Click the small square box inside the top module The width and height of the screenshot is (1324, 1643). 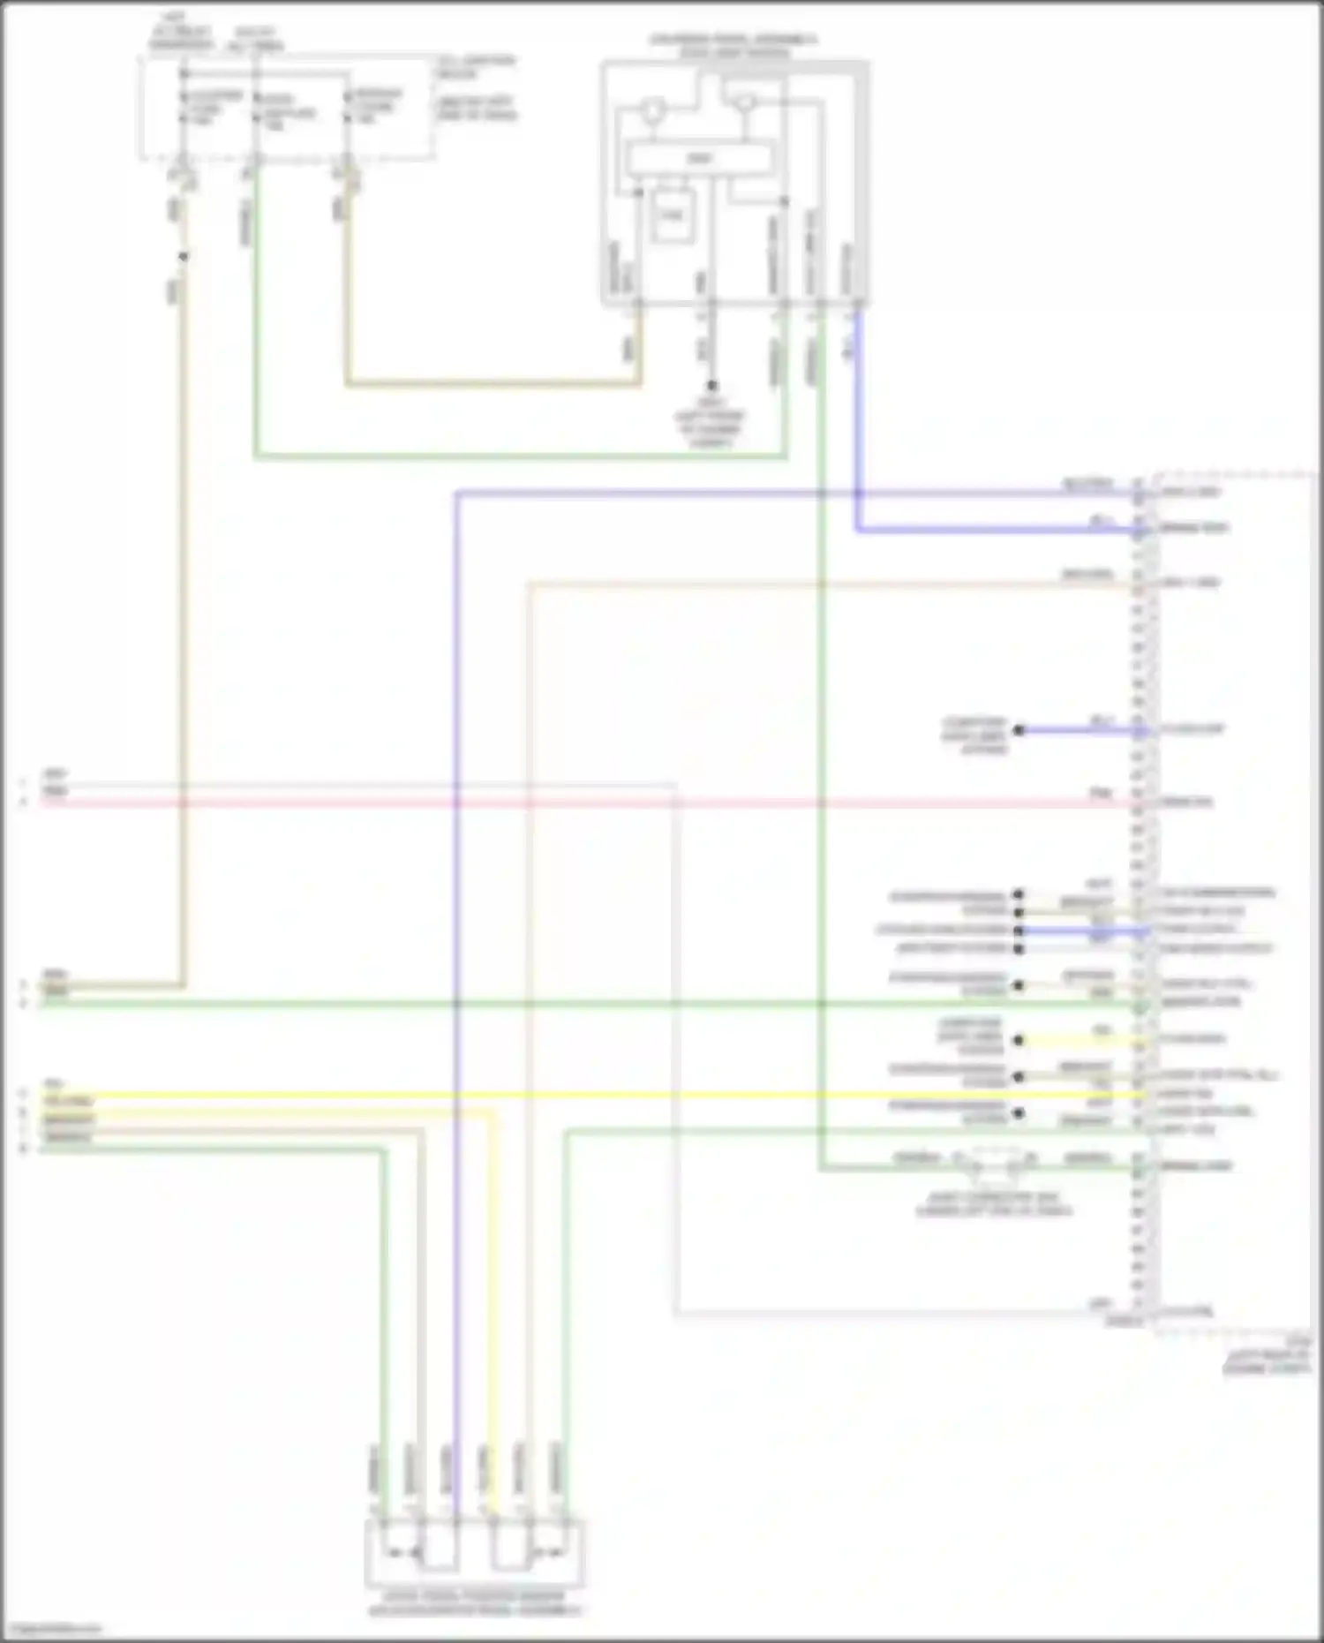(x=673, y=215)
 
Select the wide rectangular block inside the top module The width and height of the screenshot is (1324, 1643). (x=699, y=159)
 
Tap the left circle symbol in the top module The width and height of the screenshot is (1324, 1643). (x=651, y=110)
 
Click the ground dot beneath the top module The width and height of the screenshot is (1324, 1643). (x=711, y=386)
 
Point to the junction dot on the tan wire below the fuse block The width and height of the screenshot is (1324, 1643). (x=184, y=257)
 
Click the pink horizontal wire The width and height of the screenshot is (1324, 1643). (x=574, y=803)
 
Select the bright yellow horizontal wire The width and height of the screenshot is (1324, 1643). (x=574, y=1096)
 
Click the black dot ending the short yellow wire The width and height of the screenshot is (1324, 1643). (x=1019, y=1040)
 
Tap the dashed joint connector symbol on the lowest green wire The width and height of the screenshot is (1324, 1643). (x=994, y=1165)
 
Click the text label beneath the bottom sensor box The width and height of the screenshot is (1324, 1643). (x=474, y=1605)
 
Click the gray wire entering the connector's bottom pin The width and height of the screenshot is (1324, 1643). (x=883, y=1314)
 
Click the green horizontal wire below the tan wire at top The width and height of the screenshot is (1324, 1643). (x=521, y=456)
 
